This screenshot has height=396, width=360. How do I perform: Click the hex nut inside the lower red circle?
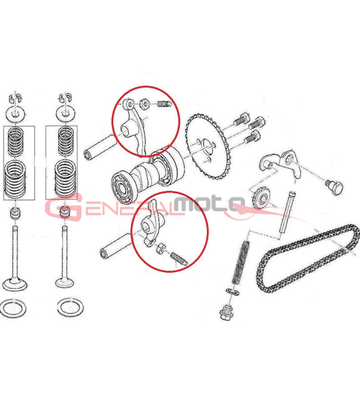click(x=160, y=248)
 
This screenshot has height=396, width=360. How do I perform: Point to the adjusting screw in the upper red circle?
click(x=164, y=103)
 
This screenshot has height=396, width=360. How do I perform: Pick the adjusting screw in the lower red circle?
click(x=179, y=259)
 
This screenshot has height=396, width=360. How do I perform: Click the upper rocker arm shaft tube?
click(x=100, y=147)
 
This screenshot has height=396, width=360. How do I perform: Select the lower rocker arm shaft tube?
click(x=116, y=245)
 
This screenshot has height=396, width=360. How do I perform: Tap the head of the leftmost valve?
click(x=15, y=284)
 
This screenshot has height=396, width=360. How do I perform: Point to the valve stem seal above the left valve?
click(x=15, y=213)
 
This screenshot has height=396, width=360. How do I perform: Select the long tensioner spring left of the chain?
click(x=241, y=263)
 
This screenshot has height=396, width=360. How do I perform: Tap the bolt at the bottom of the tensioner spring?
click(x=226, y=312)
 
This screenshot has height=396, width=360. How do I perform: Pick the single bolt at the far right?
click(x=334, y=188)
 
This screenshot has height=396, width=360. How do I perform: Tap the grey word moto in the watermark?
click(x=209, y=201)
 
